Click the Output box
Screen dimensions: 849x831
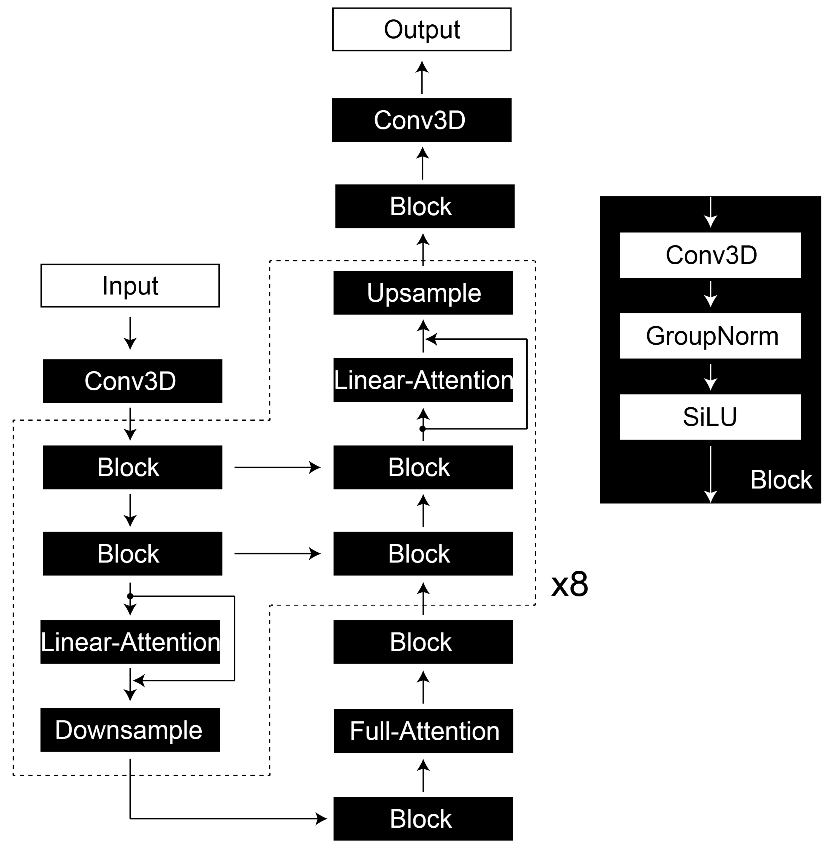coord(422,29)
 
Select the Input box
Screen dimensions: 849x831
coord(130,285)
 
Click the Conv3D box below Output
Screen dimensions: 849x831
coord(422,120)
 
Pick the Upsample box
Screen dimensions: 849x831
coord(423,293)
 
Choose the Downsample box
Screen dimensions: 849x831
coord(130,730)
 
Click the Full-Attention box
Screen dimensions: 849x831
coord(423,731)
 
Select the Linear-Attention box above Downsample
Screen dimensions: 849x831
coord(130,642)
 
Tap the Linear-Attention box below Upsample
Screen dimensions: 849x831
coord(423,380)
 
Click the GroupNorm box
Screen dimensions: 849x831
coord(710,336)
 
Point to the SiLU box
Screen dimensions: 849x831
coord(710,417)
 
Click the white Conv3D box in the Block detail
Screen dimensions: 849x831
coord(710,255)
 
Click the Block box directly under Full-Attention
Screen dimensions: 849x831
coord(423,818)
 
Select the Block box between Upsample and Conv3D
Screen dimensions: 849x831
coord(425,206)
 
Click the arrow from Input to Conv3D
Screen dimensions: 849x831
coord(130,333)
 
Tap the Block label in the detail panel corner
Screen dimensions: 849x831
coord(781,480)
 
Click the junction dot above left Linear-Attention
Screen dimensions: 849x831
coord(130,596)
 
